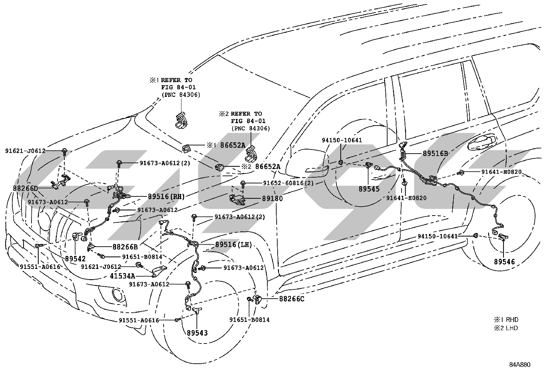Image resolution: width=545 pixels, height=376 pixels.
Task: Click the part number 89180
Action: click(x=272, y=199)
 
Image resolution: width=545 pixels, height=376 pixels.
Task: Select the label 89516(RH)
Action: click(x=166, y=196)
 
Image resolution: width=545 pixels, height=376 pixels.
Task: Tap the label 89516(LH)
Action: click(x=233, y=245)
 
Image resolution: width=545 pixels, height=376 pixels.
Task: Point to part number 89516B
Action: click(x=435, y=154)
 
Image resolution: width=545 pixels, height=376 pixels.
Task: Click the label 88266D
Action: click(x=26, y=188)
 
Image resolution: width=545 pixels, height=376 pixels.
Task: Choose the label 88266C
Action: click(x=292, y=299)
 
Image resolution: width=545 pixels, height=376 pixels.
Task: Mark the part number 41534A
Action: click(x=122, y=276)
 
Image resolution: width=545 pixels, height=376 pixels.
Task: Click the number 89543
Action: click(x=197, y=333)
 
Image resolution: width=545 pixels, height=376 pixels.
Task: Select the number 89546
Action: click(x=504, y=262)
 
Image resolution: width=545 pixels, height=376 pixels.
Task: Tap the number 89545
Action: click(x=369, y=189)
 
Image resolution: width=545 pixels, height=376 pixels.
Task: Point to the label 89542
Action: click(x=75, y=259)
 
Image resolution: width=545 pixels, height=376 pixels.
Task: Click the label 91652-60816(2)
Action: click(x=288, y=183)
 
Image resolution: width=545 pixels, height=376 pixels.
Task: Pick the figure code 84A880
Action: click(x=520, y=365)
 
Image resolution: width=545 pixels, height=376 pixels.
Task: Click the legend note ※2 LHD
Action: click(x=506, y=328)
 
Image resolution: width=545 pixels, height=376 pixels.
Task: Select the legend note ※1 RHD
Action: click(x=506, y=320)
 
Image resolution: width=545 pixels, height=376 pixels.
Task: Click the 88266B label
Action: click(x=125, y=247)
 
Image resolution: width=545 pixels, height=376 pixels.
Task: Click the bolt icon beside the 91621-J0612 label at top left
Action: click(x=64, y=151)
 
